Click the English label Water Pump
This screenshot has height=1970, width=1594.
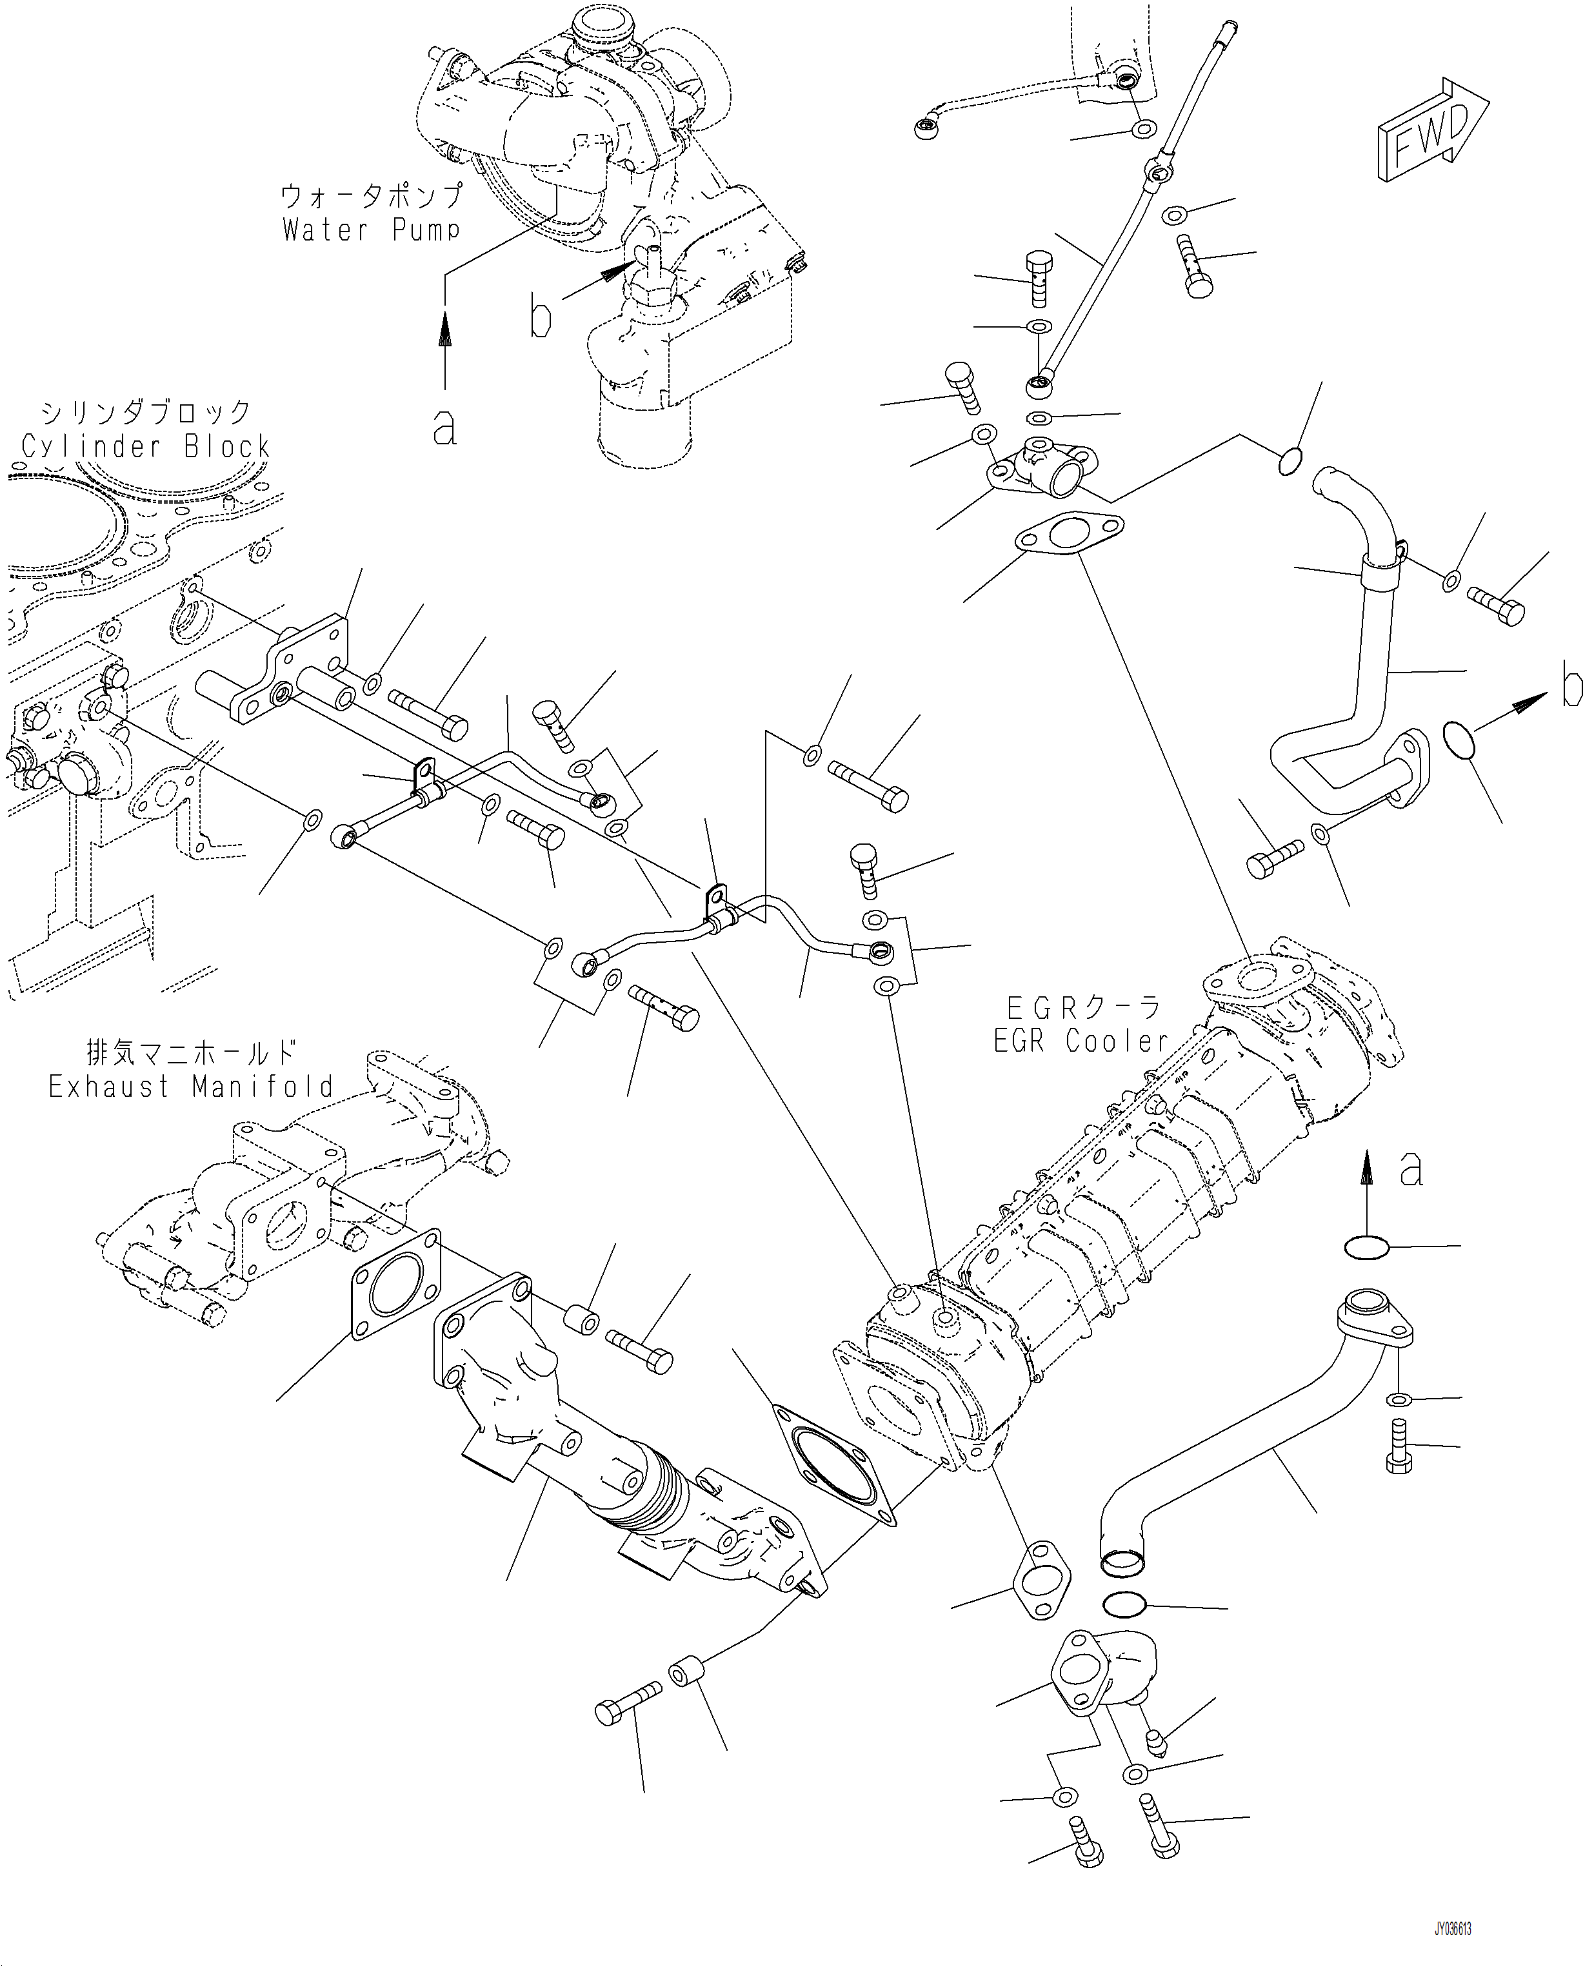coord(371,230)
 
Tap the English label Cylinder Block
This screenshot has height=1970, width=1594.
coord(145,447)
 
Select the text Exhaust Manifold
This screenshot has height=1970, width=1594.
coord(191,1087)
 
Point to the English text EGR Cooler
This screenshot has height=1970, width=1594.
coord(1081,1041)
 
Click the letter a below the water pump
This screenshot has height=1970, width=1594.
coord(444,427)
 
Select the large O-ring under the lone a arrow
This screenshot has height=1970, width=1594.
coord(1366,1246)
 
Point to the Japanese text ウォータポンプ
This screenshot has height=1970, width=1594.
coord(371,195)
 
